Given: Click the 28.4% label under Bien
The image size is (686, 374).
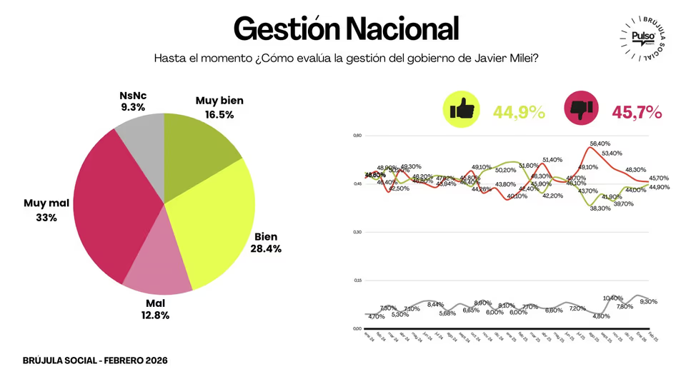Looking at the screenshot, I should coord(266,249).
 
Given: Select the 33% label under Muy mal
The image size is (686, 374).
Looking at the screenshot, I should coord(46,218).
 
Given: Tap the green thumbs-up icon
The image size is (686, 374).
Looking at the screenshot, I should coord(462,110).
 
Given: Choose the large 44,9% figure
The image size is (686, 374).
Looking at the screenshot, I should coord(520,111).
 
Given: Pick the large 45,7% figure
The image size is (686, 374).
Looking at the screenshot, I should coord(637,111).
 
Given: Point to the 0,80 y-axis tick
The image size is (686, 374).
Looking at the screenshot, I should coord(359,136).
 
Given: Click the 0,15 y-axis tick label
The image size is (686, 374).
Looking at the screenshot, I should coord(359,280).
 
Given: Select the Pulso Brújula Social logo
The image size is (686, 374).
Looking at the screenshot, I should coord(645,40).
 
